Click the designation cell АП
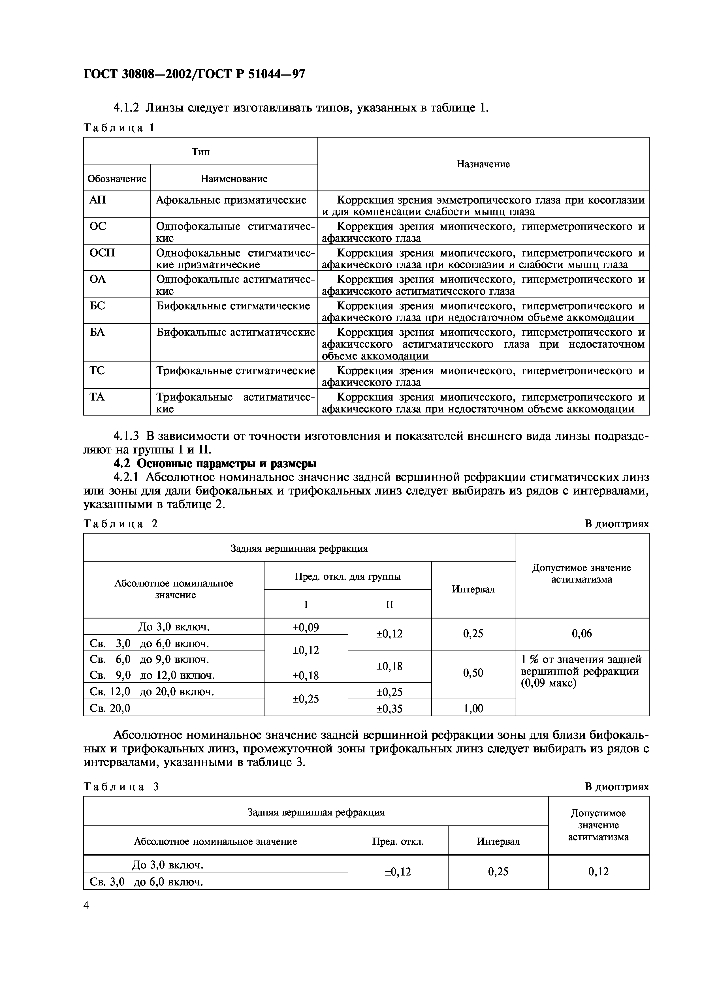pyautogui.click(x=98, y=200)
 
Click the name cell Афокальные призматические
pyautogui.click(x=231, y=200)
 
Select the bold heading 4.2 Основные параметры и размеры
pyautogui.click(x=215, y=464)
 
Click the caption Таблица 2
pyautogui.click(x=121, y=524)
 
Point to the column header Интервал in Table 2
pyautogui.click(x=473, y=589)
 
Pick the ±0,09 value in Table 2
pyautogui.click(x=306, y=627)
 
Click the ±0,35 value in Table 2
pyautogui.click(x=389, y=709)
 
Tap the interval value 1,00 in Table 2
pyautogui.click(x=473, y=709)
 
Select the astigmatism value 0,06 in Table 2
pyautogui.click(x=582, y=634)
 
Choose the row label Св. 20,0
pyautogui.click(x=110, y=709)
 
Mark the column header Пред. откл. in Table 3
pyautogui.click(x=398, y=841)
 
